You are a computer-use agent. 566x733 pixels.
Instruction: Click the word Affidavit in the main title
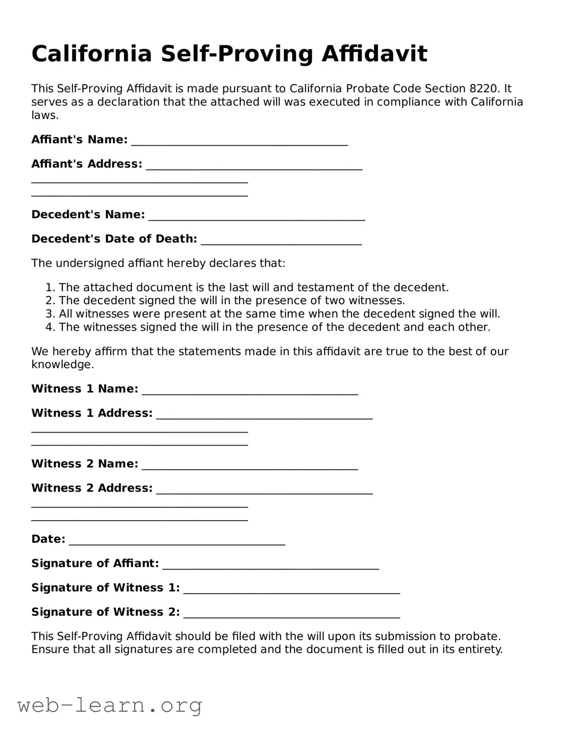[374, 54]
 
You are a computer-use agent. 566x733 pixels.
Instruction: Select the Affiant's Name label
[80, 140]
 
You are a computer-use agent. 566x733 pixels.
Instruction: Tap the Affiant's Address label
[87, 164]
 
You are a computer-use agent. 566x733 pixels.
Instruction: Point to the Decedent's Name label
[88, 215]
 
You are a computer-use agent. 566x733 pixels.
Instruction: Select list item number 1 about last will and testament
[253, 287]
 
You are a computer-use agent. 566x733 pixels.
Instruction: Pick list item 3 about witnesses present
[279, 314]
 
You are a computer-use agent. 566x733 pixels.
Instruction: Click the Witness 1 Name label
[85, 389]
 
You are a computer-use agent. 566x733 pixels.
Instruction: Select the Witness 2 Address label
[92, 488]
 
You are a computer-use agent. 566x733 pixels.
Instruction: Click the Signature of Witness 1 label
[105, 588]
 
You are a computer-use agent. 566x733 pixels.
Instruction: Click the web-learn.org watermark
[110, 706]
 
